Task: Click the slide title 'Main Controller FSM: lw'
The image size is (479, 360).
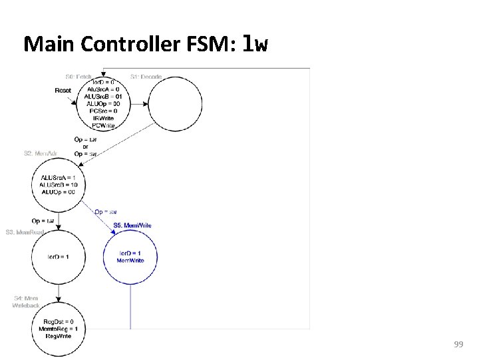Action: pos(146,44)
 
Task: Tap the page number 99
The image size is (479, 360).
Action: pos(458,344)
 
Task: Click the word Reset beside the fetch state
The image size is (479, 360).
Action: pos(63,90)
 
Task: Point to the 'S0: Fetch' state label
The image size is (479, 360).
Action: pos(79,77)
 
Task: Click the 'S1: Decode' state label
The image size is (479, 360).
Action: pos(146,77)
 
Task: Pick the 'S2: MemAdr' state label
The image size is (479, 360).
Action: pos(40,153)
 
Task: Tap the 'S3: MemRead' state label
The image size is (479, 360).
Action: pos(25,232)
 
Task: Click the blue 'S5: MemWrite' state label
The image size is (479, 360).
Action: pos(132,225)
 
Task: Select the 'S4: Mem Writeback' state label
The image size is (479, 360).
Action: pos(26,302)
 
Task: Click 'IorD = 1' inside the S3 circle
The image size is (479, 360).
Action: pos(59,257)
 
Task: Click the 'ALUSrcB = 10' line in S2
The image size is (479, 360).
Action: pos(59,185)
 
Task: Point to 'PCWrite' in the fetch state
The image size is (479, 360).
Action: pos(103,125)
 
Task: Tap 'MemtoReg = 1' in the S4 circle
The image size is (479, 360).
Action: pos(59,329)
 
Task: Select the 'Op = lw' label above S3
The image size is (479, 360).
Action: pos(43,221)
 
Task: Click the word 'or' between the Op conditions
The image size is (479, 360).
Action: pos(85,147)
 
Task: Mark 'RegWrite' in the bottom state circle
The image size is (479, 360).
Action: pos(59,336)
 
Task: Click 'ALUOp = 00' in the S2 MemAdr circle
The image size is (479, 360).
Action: pos(59,192)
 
